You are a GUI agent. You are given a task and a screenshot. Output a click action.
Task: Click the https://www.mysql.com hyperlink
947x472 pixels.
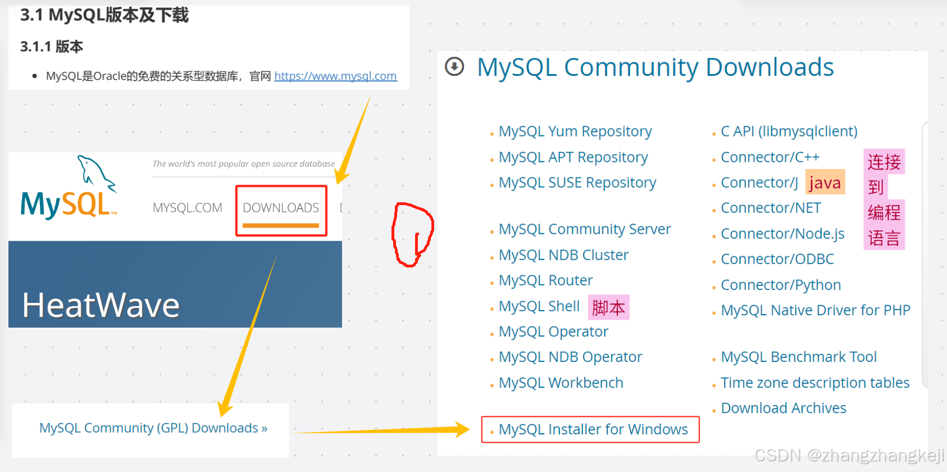pos(335,76)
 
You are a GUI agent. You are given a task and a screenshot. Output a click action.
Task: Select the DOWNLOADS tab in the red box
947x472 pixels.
pos(281,208)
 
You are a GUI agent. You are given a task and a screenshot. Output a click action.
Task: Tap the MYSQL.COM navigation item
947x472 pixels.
pos(188,208)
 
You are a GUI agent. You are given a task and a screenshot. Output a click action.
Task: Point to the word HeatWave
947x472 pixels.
pos(101,306)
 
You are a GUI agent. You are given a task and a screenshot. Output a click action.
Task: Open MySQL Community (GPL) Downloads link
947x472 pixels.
pos(153,428)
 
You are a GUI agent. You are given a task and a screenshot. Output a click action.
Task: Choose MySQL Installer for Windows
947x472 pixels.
pos(593,430)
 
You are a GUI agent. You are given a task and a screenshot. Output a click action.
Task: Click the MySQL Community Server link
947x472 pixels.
pos(585,229)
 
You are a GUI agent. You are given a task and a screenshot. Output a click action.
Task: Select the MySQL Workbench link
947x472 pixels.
pos(561,383)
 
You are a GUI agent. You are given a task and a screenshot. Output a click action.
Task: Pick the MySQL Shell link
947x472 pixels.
pos(539,306)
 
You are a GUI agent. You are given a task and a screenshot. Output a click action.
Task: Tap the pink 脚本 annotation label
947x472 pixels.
pos(608,307)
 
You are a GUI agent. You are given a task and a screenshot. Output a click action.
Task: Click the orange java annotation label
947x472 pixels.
pos(825,183)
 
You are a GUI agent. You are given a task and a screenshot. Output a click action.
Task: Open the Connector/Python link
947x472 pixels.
pos(781,285)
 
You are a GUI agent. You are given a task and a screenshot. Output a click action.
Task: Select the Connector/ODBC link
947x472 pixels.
pos(777,259)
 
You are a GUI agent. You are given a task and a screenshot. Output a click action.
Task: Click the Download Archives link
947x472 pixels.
pos(784,408)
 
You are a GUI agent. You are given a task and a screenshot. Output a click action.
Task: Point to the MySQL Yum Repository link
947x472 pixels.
pos(575,131)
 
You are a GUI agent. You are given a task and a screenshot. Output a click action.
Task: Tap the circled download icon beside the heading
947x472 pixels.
pos(454,67)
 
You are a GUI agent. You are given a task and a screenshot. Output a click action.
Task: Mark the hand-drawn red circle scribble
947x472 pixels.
pos(413,234)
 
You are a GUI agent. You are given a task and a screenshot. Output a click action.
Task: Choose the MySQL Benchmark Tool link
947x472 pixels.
pos(799,357)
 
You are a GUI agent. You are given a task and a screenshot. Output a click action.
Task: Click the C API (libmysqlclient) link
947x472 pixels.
pos(789,131)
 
